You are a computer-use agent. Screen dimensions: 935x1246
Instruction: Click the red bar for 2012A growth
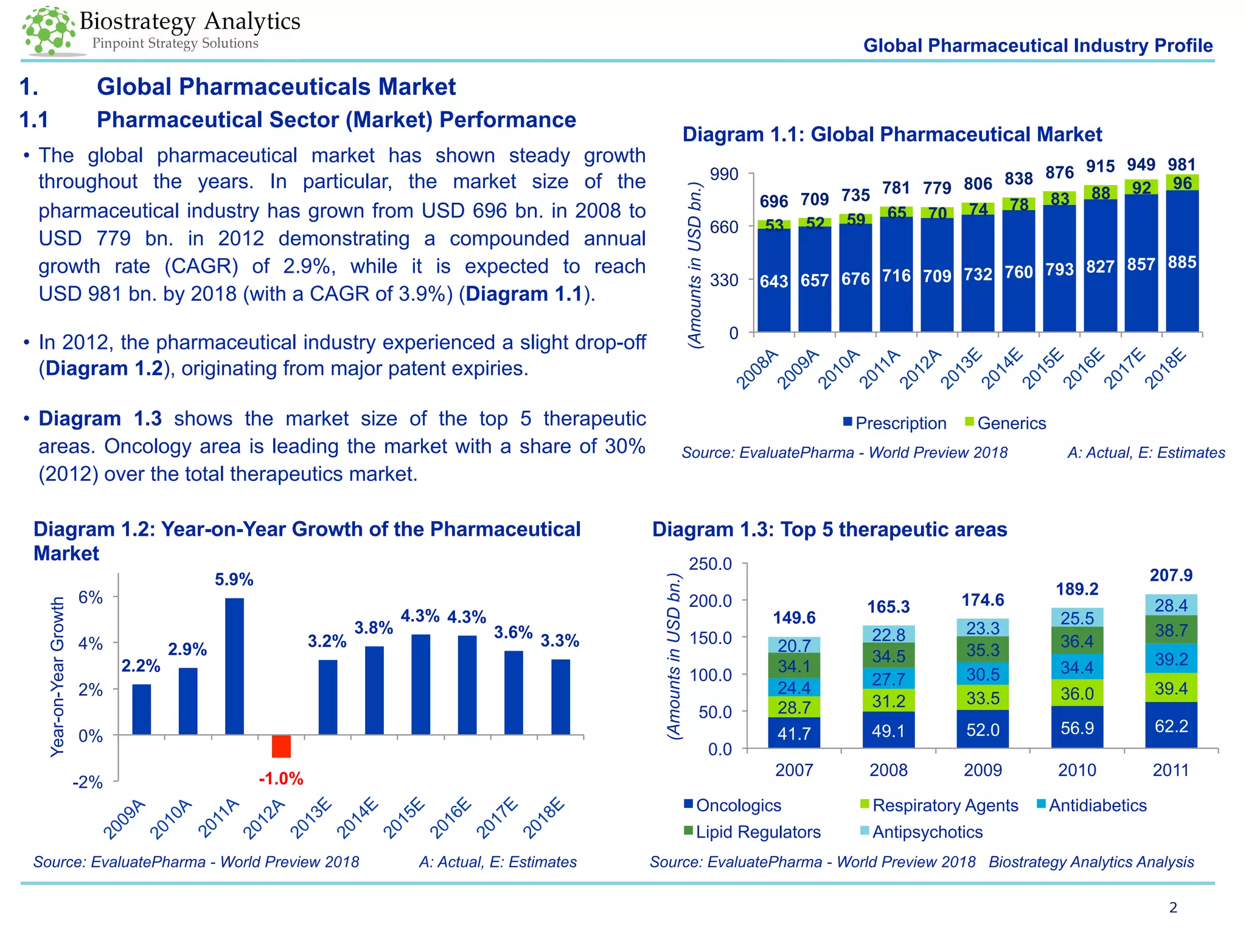(281, 746)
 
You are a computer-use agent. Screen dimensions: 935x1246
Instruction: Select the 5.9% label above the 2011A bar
(234, 580)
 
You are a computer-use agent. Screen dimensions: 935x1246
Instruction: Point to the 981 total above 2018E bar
(1182, 164)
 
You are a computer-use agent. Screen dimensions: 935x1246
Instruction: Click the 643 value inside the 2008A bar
(774, 281)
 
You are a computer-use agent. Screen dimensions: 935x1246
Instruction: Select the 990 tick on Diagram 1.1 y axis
(724, 175)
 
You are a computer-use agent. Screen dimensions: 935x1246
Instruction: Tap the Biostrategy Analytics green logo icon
(49, 30)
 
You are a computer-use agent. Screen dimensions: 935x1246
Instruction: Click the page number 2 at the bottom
(1173, 908)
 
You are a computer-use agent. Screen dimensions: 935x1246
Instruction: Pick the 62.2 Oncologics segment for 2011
(1171, 726)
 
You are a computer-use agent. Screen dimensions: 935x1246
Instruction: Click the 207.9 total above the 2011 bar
(1171, 575)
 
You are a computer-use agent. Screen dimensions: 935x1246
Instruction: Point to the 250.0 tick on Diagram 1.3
(710, 564)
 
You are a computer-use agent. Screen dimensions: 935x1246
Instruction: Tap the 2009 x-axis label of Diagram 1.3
(983, 770)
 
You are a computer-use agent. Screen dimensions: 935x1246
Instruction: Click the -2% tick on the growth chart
(88, 782)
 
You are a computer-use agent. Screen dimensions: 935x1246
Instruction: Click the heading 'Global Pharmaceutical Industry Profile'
(1038, 46)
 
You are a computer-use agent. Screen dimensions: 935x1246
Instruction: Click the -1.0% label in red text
(281, 779)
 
